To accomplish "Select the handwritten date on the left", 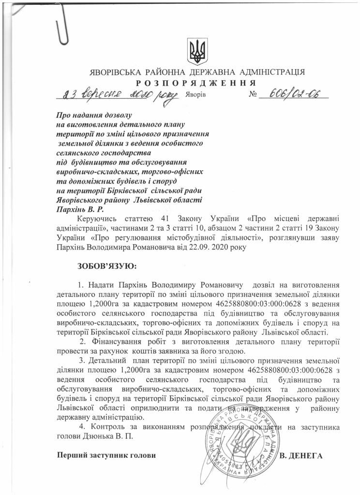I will tap(116, 95).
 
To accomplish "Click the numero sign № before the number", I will tap(253, 95).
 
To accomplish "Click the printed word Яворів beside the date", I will tap(195, 95).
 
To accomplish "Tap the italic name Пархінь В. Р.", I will tap(80, 210).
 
